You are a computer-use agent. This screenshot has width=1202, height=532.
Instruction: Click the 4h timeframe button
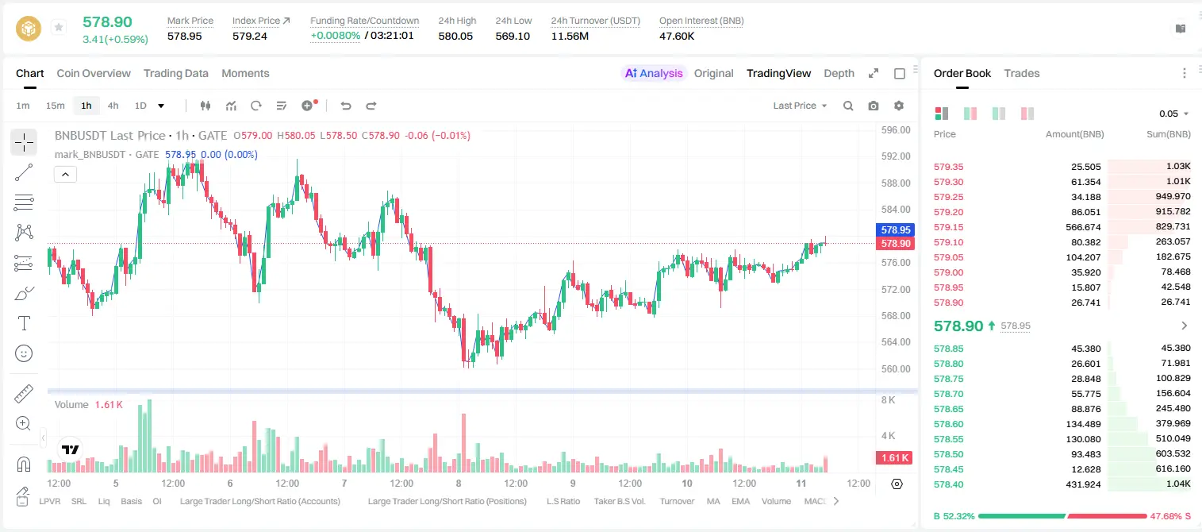(x=113, y=106)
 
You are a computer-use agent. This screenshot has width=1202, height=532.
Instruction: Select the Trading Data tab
(x=175, y=73)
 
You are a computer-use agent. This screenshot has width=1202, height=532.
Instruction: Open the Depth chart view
(x=839, y=73)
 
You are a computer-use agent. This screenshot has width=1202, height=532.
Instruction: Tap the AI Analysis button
(x=654, y=73)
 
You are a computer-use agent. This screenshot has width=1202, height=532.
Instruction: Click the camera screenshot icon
(x=873, y=106)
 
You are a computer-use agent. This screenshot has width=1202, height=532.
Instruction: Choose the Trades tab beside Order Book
(x=1022, y=73)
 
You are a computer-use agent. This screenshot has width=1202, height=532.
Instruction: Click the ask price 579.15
(x=948, y=227)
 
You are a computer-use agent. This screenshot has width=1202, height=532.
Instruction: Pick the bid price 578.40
(x=948, y=484)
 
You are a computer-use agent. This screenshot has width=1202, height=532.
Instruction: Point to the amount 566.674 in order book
(x=1083, y=227)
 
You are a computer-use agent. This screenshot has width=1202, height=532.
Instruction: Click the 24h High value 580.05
(x=455, y=36)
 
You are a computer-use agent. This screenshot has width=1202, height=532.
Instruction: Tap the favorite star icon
(x=59, y=27)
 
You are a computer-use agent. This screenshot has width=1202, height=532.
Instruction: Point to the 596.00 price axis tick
(x=896, y=130)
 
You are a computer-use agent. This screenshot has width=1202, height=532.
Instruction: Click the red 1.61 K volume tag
(x=894, y=458)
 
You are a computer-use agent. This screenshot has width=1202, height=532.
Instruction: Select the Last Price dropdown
(x=800, y=106)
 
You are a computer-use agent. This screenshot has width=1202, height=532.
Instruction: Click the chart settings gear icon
(x=899, y=106)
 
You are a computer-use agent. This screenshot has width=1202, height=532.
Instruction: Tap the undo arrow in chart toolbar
(x=346, y=106)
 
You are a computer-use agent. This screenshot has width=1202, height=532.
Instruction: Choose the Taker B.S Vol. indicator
(x=619, y=501)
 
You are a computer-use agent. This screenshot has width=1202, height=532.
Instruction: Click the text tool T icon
(x=24, y=323)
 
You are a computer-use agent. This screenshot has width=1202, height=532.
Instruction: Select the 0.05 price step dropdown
(x=1173, y=114)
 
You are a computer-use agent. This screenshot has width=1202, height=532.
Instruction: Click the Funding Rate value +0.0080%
(x=336, y=36)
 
